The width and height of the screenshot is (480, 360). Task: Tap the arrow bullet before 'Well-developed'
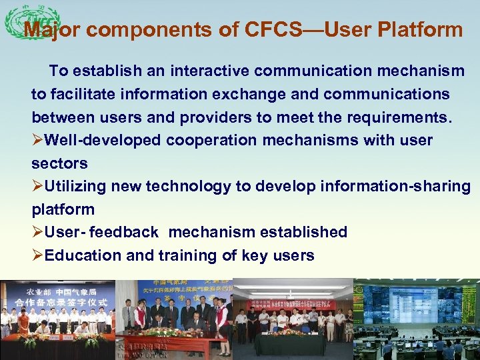pyautogui.click(x=37, y=141)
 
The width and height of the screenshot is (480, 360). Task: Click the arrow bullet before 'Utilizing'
pyautogui.click(x=37, y=187)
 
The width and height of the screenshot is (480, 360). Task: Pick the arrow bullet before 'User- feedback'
pyautogui.click(x=37, y=233)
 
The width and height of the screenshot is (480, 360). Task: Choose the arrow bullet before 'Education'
pyautogui.click(x=37, y=256)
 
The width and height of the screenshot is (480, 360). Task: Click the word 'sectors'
pyautogui.click(x=59, y=163)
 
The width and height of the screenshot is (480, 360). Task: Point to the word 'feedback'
pyautogui.click(x=124, y=233)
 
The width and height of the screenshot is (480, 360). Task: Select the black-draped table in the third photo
pyautogui.click(x=290, y=343)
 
